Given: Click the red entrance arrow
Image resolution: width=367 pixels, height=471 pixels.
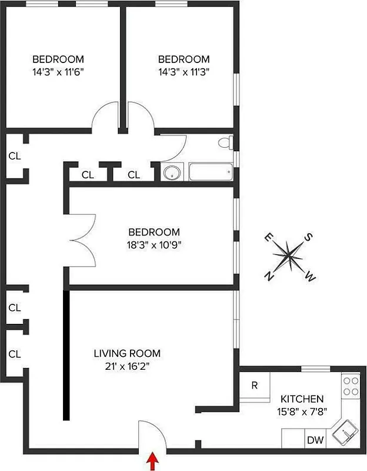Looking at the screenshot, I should (x=153, y=461).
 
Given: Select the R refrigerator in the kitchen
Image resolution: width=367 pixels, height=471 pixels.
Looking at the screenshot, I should (x=255, y=386).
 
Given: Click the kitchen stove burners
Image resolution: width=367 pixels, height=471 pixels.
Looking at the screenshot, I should (x=351, y=386).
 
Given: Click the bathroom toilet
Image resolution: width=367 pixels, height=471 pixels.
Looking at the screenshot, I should (x=225, y=142).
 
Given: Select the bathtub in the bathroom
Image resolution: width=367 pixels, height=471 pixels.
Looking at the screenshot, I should (x=210, y=173).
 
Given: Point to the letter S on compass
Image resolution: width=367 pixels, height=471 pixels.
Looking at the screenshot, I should (x=307, y=238).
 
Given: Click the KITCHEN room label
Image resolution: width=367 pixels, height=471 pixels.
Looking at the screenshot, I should (x=302, y=399).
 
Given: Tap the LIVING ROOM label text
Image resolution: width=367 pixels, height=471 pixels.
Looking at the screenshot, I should (x=127, y=353).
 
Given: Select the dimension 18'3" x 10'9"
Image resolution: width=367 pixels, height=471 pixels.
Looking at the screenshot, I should (x=154, y=245).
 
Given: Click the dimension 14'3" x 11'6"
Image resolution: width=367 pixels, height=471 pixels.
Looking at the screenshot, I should (x=58, y=72).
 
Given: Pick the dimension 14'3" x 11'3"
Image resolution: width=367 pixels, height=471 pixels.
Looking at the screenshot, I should (x=183, y=72).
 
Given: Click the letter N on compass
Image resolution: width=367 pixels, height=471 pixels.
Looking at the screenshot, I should (x=269, y=276).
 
